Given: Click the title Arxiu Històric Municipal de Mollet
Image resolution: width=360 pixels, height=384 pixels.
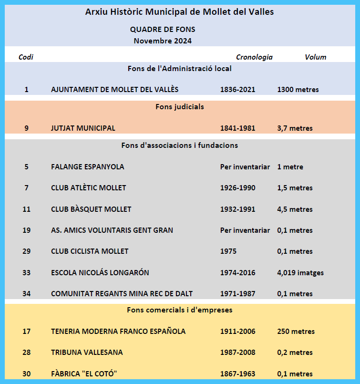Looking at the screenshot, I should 180,12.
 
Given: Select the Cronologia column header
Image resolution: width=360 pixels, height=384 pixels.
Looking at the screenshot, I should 254,57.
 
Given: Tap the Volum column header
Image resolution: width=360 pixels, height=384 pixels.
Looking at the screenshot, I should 315,57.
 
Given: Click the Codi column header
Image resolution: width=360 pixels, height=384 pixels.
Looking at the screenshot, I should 26,57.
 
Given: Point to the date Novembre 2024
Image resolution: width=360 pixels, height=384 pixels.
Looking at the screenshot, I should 163,41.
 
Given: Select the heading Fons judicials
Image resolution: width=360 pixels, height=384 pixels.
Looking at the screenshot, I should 180,107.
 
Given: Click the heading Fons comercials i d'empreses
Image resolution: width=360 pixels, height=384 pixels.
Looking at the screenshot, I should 180,310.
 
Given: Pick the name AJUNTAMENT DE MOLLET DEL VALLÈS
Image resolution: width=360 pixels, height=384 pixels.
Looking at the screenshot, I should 114,90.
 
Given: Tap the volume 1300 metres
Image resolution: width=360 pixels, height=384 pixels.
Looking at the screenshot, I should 298,90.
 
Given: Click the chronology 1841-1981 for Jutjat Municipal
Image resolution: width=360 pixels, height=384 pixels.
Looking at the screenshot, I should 237,128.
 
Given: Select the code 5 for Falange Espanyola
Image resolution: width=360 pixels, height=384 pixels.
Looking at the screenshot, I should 26,167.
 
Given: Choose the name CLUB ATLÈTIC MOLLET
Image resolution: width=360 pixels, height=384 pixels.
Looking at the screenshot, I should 89,188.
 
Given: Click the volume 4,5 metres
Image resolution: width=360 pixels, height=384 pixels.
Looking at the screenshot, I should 295,209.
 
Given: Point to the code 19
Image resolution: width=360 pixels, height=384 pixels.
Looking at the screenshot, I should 26,230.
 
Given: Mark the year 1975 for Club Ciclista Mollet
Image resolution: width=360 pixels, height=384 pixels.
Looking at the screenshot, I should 228,251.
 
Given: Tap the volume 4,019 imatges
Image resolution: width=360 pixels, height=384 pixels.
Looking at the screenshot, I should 300,273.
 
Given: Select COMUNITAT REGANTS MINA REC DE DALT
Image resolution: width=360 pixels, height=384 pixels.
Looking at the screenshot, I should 122,294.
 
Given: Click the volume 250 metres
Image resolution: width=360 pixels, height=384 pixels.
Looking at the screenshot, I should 296,332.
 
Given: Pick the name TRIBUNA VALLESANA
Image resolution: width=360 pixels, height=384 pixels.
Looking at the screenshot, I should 87,353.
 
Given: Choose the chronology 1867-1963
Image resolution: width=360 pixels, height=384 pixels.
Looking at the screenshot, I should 237,374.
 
